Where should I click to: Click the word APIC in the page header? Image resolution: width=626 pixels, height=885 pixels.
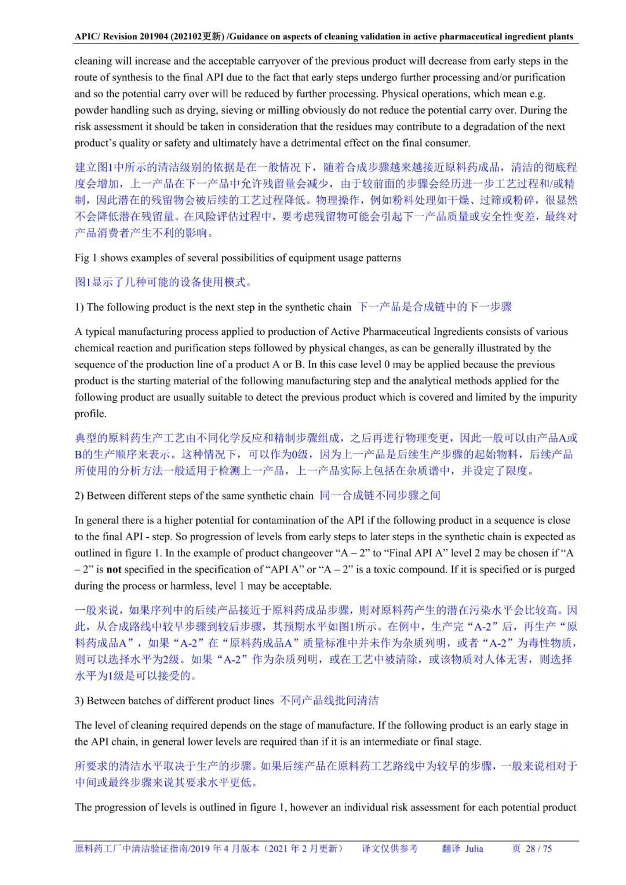[87, 37]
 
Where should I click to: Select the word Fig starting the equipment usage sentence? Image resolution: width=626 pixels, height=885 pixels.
[81, 258]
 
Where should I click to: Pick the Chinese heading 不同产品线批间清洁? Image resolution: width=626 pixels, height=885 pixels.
[329, 701]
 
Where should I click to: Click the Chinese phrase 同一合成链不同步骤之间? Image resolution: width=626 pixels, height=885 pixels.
[380, 496]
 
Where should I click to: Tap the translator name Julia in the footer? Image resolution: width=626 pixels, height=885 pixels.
[474, 849]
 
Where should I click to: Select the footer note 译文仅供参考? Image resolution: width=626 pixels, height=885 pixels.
[390, 849]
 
